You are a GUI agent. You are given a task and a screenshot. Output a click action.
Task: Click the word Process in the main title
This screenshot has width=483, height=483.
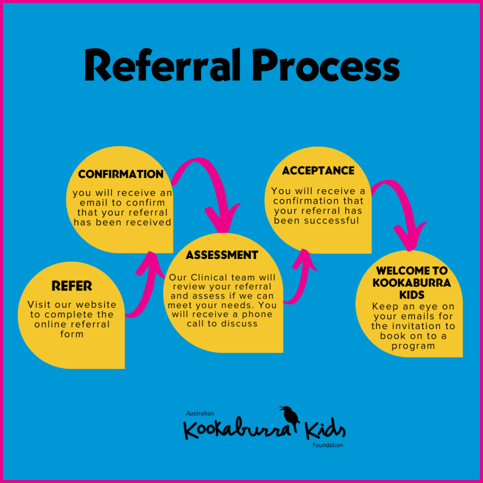pos(325,66)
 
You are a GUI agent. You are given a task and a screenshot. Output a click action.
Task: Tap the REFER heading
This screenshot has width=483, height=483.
pos(72,286)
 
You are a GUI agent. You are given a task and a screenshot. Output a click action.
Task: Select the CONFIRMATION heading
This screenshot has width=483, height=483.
pos(121,174)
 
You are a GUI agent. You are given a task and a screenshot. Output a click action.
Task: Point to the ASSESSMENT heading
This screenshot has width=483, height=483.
pos(222,255)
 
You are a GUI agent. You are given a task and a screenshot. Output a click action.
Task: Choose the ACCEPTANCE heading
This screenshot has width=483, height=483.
pos(318,170)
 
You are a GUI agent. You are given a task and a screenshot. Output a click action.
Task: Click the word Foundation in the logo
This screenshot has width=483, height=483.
pos(327,445)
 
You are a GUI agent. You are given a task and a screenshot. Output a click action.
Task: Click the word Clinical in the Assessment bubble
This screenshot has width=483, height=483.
pos(217,277)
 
